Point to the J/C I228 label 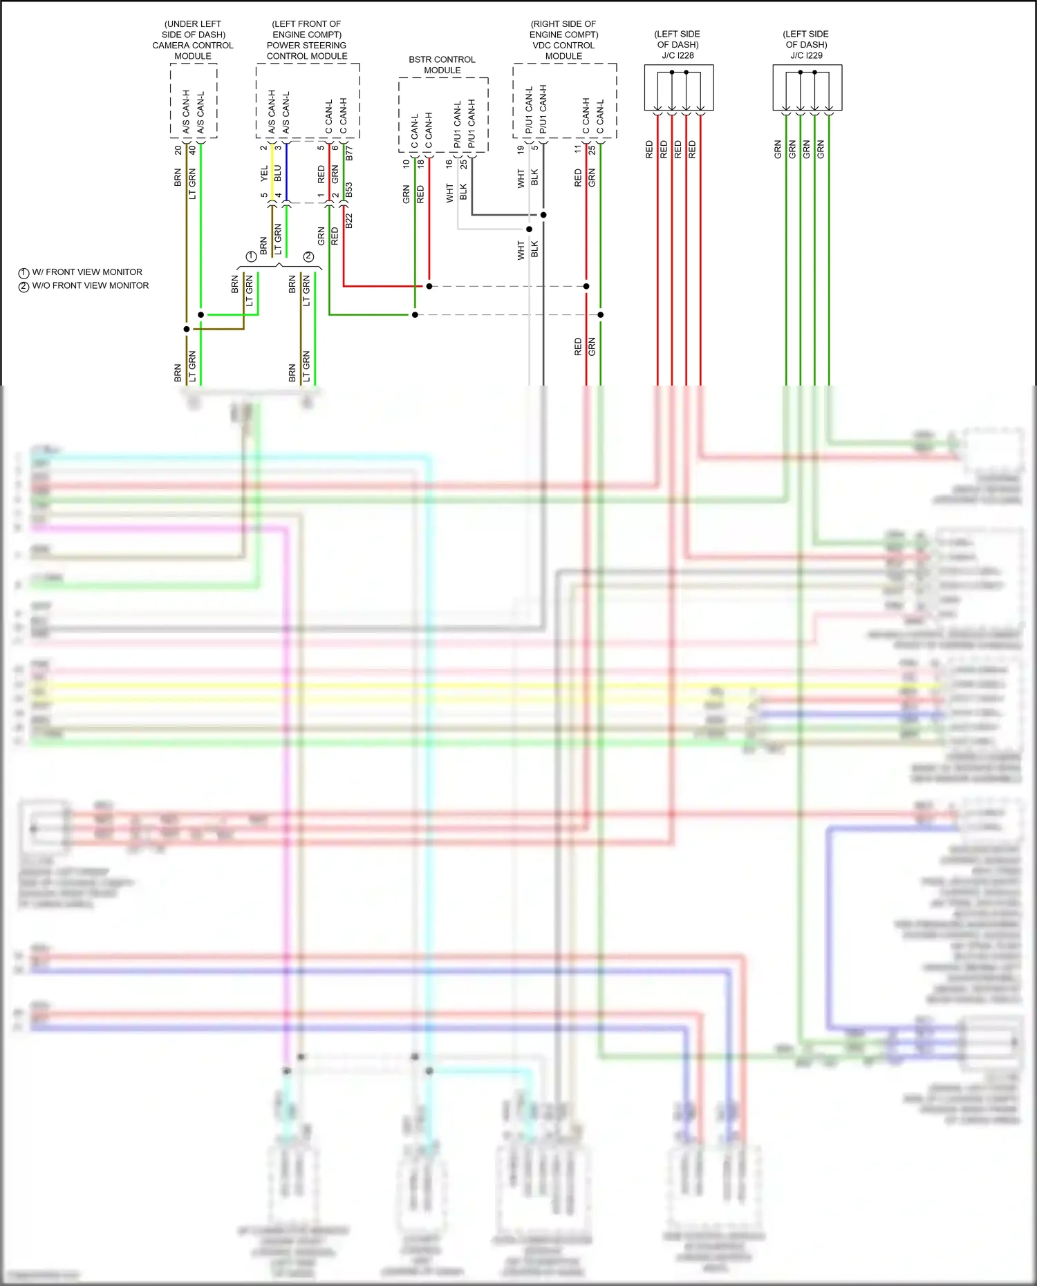678,55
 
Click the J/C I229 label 806,55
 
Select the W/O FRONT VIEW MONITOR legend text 90,285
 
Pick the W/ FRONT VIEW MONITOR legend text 87,272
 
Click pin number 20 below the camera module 178,150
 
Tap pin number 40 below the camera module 192,150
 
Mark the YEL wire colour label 264,173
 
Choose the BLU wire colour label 278,173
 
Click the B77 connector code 349,153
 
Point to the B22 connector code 349,221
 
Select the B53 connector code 349,189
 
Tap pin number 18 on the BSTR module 420,164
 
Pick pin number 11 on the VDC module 578,149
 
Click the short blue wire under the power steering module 286,173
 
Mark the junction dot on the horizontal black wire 543,215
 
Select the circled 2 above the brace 308,256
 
